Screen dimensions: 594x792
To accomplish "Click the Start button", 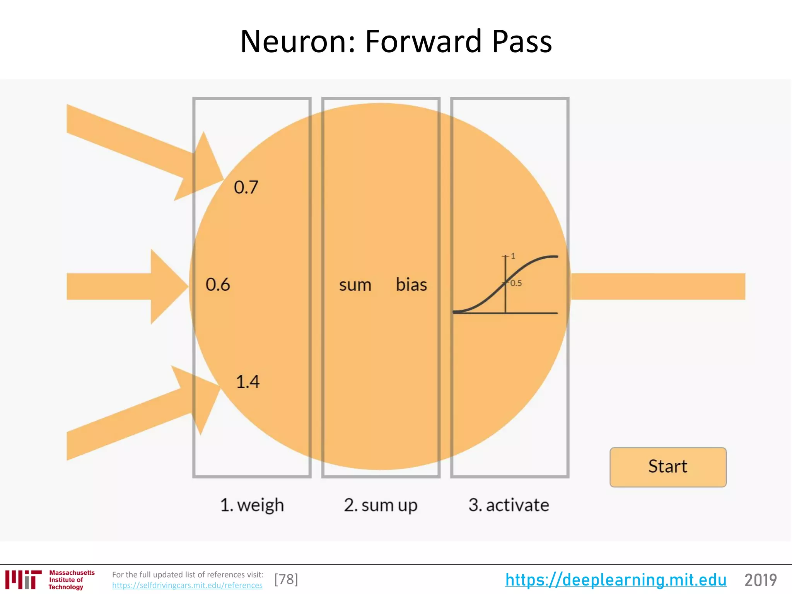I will pos(668,467).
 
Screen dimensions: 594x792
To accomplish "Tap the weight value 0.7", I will pos(246,188).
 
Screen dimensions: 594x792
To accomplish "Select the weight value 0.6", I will pos(218,285).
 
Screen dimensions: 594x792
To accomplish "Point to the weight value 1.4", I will pos(247,382).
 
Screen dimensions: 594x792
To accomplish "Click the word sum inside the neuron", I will pos(355,285).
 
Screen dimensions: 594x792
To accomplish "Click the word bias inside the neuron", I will pos(411,285).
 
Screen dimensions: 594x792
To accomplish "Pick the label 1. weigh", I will pos(252,505).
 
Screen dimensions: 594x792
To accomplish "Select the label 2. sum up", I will pos(381,505).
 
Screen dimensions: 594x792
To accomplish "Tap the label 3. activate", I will pos(509,505).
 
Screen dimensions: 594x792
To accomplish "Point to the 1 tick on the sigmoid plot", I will pos(513,256).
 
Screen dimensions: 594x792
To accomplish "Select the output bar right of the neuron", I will pos(657,287).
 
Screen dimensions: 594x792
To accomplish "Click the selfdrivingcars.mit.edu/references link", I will pos(187,585).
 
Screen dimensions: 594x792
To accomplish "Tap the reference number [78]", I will pos(286,579).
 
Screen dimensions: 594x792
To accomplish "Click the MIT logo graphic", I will pos(23,579).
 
